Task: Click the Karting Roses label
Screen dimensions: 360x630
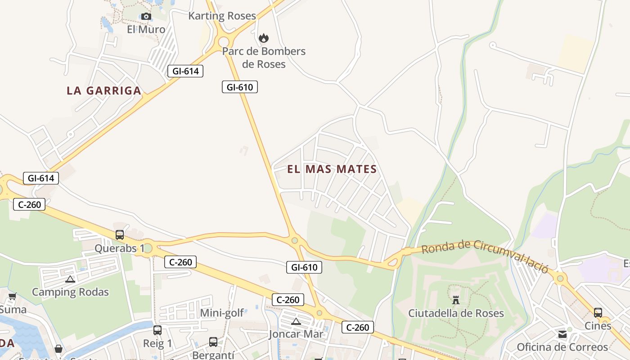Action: click(222, 16)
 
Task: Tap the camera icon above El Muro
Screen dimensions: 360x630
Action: click(146, 17)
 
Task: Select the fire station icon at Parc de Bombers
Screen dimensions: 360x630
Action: click(264, 38)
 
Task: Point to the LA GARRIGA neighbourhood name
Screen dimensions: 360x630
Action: click(104, 90)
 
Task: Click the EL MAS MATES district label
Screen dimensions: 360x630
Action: click(332, 169)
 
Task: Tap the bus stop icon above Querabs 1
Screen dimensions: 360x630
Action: click(120, 234)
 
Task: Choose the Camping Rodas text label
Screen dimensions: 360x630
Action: click(70, 292)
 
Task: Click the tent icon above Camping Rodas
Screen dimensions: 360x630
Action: click(70, 279)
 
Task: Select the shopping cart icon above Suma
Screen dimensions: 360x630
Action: click(12, 297)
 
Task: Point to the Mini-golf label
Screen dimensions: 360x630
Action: click(222, 313)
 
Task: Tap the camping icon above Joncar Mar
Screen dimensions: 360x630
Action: click(296, 321)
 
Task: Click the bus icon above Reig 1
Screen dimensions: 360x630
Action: click(157, 330)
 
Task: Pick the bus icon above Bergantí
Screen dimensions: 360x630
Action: click(213, 342)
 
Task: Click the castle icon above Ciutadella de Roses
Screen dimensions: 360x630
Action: click(456, 300)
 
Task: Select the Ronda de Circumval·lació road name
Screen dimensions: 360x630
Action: click(485, 256)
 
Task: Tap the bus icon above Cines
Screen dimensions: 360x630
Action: click(598, 313)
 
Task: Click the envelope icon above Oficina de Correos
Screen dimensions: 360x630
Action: click(562, 334)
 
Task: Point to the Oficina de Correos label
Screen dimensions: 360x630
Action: click(562, 347)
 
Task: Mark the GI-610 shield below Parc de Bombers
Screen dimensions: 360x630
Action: click(240, 87)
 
